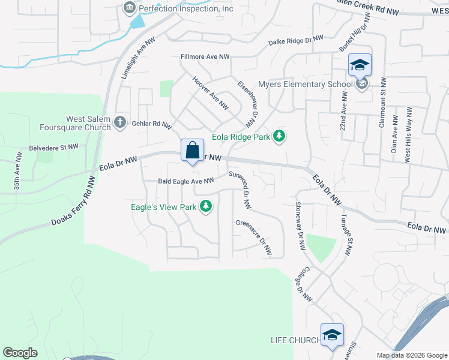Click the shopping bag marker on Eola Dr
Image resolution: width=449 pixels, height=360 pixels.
pyautogui.click(x=192, y=151)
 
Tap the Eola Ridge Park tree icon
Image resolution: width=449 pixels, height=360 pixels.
pyautogui.click(x=279, y=137)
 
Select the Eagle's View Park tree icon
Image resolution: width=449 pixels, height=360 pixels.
pyautogui.click(x=206, y=206)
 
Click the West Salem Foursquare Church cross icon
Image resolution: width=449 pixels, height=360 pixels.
pyautogui.click(x=119, y=122)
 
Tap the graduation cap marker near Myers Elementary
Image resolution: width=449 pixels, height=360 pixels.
pyautogui.click(x=360, y=65)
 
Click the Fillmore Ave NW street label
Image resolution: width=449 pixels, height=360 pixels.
pyautogui.click(x=205, y=57)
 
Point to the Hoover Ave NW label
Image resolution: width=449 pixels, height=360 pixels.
pyautogui.click(x=211, y=92)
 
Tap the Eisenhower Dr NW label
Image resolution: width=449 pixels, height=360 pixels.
pyautogui.click(x=247, y=104)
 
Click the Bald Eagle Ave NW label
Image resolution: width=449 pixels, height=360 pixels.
pyautogui.click(x=185, y=181)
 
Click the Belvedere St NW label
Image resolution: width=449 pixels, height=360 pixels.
pyautogui.click(x=54, y=147)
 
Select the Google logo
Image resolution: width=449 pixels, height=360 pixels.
pyautogui.click(x=20, y=353)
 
